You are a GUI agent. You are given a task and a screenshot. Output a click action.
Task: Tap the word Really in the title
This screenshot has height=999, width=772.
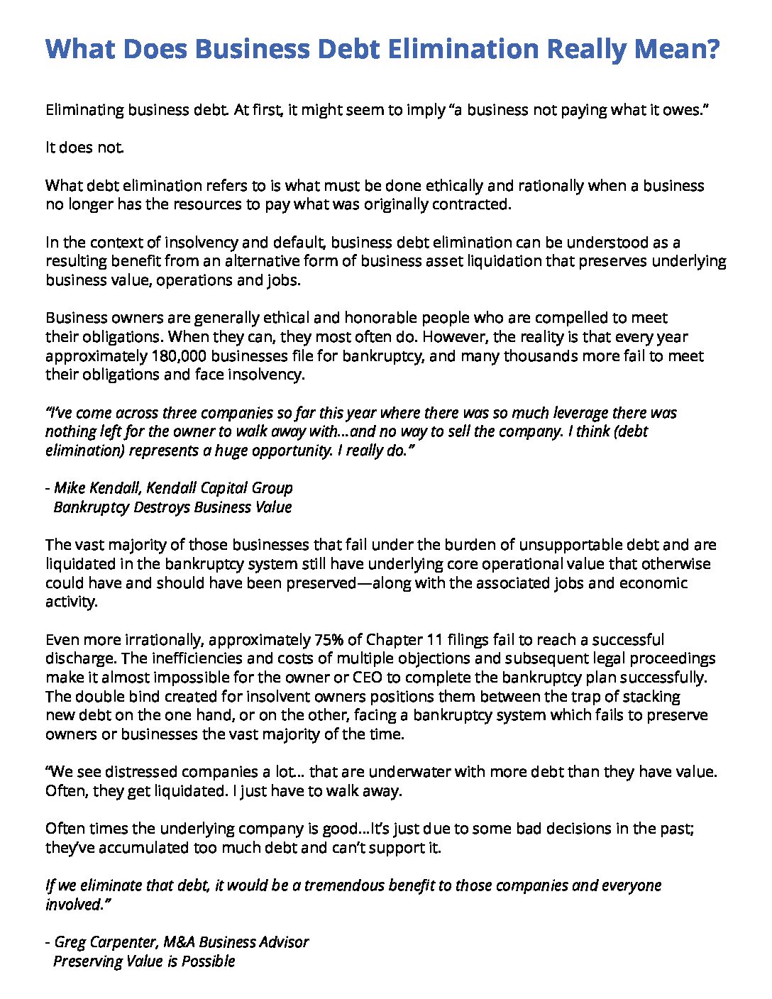tap(586, 49)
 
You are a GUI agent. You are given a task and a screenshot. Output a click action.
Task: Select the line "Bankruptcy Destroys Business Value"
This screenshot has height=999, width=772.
tap(172, 507)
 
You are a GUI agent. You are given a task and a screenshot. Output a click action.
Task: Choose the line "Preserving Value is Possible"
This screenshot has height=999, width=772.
tap(144, 961)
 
